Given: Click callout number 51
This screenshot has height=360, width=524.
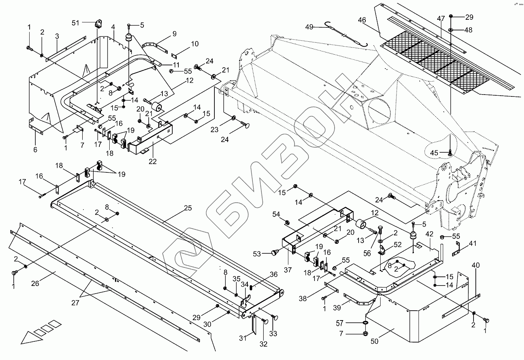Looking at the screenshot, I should pos(76,23).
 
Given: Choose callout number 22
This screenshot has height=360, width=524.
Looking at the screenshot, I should pos(152,161).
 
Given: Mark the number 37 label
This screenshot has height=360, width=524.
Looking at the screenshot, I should pos(288,270).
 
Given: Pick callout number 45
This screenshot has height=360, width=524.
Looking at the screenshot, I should pos(434,153).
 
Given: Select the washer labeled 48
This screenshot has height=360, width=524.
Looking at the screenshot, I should pos(450,30).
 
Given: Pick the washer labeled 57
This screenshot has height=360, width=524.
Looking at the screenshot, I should pos(365,323).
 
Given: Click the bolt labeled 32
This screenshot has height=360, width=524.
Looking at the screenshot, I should pos(264,322).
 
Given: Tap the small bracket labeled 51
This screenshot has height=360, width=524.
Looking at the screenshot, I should pos(99,24).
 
